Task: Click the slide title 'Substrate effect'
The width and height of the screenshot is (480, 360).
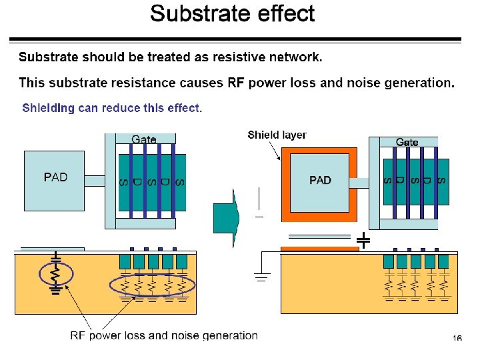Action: click(233, 13)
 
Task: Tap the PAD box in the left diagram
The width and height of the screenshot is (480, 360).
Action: click(54, 181)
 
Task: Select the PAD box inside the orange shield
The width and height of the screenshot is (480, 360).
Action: click(319, 183)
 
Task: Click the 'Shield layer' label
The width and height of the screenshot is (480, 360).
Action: click(277, 135)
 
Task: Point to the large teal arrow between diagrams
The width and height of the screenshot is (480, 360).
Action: click(226, 218)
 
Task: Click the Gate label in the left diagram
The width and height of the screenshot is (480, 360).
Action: click(143, 139)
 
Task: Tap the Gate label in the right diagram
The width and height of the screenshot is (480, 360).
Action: click(407, 142)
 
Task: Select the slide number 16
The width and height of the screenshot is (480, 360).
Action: click(457, 338)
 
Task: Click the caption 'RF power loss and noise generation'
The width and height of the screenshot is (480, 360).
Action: click(164, 335)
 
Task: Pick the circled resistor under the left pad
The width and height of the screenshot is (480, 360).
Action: click(56, 274)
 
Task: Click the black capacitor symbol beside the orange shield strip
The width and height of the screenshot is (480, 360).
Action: click(363, 240)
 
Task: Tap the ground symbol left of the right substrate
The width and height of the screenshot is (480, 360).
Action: click(262, 277)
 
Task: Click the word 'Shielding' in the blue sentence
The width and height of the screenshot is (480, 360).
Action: click(48, 108)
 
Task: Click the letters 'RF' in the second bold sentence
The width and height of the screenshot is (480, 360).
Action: click(236, 83)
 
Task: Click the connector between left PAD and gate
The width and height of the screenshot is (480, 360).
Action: click(95, 181)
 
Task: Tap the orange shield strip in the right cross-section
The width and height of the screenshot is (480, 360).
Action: click(320, 249)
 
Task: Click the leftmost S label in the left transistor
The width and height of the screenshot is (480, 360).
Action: click(123, 183)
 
